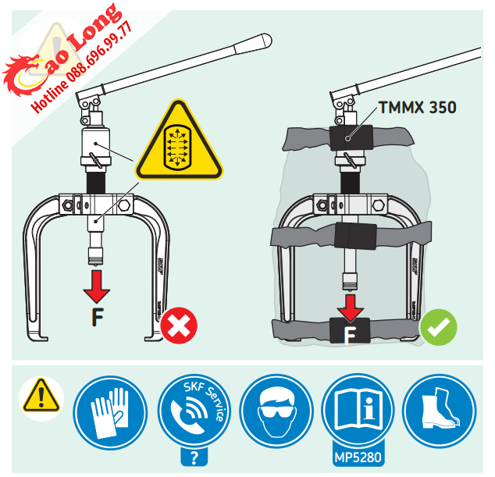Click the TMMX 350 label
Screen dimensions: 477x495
click(x=418, y=107)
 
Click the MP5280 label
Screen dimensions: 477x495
click(x=356, y=456)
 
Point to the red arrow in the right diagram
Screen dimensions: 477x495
click(x=352, y=306)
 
